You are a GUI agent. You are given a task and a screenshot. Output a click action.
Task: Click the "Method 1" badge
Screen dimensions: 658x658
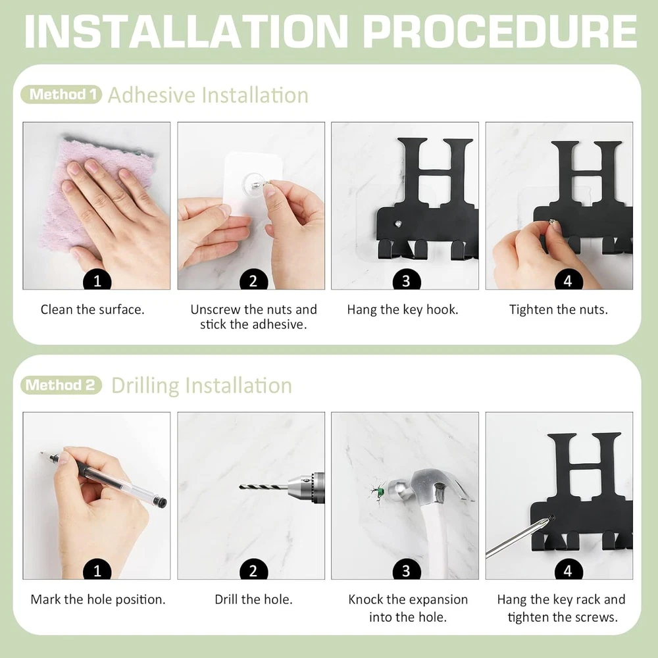61,94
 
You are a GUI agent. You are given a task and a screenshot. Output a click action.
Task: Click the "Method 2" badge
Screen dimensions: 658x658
61,385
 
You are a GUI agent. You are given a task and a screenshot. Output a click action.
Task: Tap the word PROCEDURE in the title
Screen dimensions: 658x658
500,32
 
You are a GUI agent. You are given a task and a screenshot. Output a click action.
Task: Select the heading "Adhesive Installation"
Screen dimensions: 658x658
208,95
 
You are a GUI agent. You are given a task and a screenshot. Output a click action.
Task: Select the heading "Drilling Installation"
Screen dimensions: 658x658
202,386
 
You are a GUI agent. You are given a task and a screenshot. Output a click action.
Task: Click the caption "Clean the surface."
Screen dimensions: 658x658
92,310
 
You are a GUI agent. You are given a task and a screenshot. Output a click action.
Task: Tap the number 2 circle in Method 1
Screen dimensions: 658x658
253,280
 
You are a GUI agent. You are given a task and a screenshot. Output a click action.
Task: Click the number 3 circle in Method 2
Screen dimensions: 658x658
406,570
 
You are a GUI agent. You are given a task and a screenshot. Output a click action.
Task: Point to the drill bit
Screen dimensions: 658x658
264,487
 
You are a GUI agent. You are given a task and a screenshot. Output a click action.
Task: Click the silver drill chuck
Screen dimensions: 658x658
307,487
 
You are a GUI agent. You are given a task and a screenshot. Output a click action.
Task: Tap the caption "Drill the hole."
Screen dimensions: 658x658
253,599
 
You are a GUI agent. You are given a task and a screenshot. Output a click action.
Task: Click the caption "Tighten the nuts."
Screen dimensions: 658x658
559,310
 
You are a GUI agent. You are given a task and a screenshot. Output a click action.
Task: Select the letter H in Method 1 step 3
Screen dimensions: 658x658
434,171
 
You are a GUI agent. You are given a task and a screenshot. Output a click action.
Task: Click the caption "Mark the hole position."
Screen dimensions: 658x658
98,599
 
